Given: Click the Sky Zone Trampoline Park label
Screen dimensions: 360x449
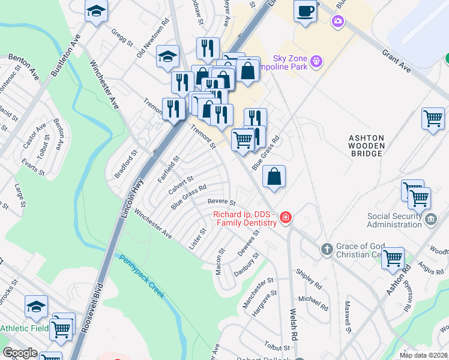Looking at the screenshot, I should click(x=290, y=62).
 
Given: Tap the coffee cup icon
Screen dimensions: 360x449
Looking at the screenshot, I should click(x=305, y=11).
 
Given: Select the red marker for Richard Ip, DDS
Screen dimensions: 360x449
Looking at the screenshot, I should click(x=286, y=217).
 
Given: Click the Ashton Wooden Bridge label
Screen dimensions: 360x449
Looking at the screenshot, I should click(x=366, y=146).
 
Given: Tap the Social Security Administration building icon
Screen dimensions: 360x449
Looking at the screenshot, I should click(x=430, y=220).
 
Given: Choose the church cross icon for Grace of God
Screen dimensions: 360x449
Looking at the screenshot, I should click(x=327, y=249).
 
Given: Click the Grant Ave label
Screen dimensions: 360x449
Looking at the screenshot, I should click(x=396, y=62).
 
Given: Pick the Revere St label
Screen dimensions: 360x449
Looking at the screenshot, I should click(x=221, y=202).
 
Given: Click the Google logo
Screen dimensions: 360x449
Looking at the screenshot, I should click(x=20, y=353).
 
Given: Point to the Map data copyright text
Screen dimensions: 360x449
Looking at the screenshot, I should click(x=424, y=355).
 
